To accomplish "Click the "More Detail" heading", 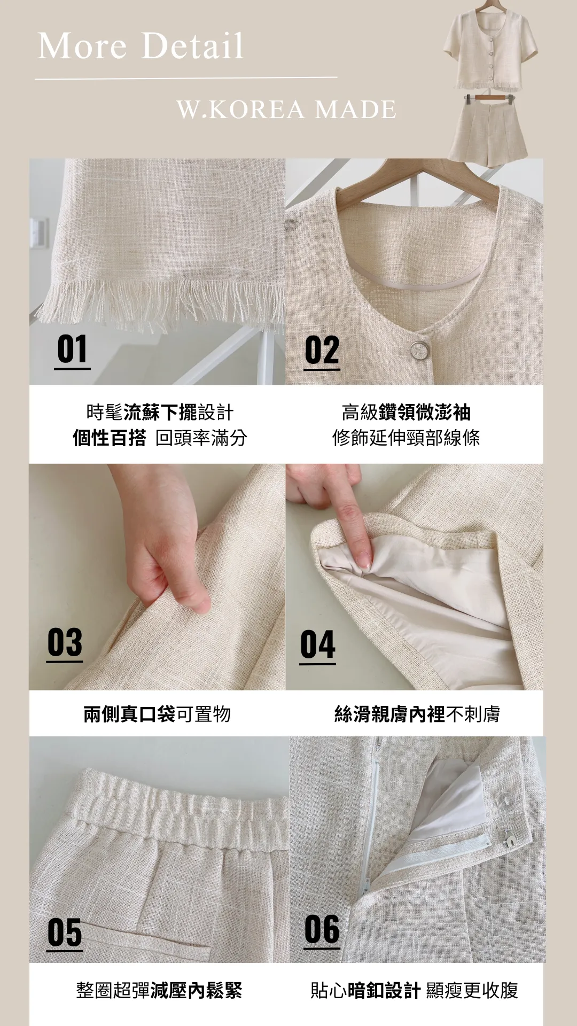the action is pyautogui.click(x=141, y=46).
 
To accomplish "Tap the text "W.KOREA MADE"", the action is pyautogui.click(x=286, y=110).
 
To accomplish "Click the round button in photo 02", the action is pyautogui.click(x=419, y=350).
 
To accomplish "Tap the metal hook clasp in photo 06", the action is pyautogui.click(x=508, y=839).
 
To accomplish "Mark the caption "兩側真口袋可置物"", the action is pyautogui.click(x=157, y=714).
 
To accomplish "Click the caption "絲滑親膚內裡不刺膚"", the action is pyautogui.click(x=417, y=714).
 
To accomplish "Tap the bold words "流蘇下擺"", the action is pyautogui.click(x=160, y=412).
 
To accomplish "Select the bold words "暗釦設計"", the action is pyautogui.click(x=384, y=990).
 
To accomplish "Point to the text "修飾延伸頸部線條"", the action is pyautogui.click(x=406, y=438).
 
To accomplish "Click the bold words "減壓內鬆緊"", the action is pyautogui.click(x=196, y=990).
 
